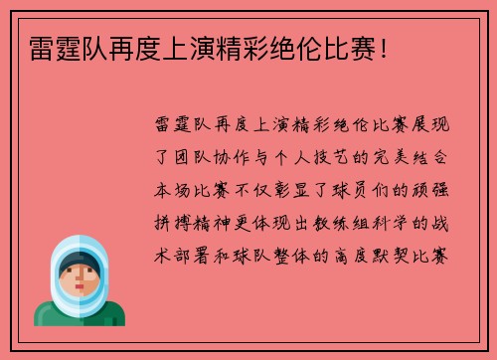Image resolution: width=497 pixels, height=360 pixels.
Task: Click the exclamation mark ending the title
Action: pos(384,47)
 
